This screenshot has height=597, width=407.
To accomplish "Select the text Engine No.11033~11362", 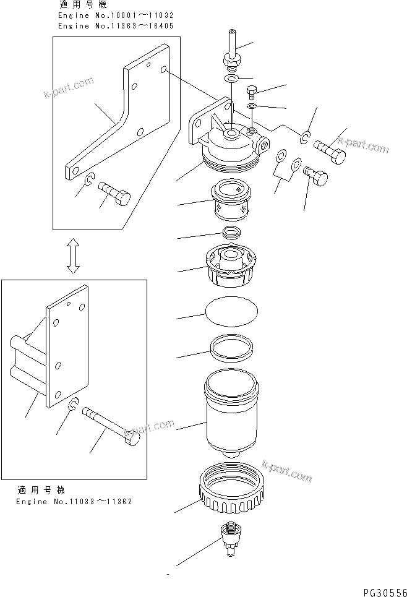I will [74, 502].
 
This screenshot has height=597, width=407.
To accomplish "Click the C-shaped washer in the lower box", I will [73, 405].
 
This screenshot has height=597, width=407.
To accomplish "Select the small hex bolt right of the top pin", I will [252, 93].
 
